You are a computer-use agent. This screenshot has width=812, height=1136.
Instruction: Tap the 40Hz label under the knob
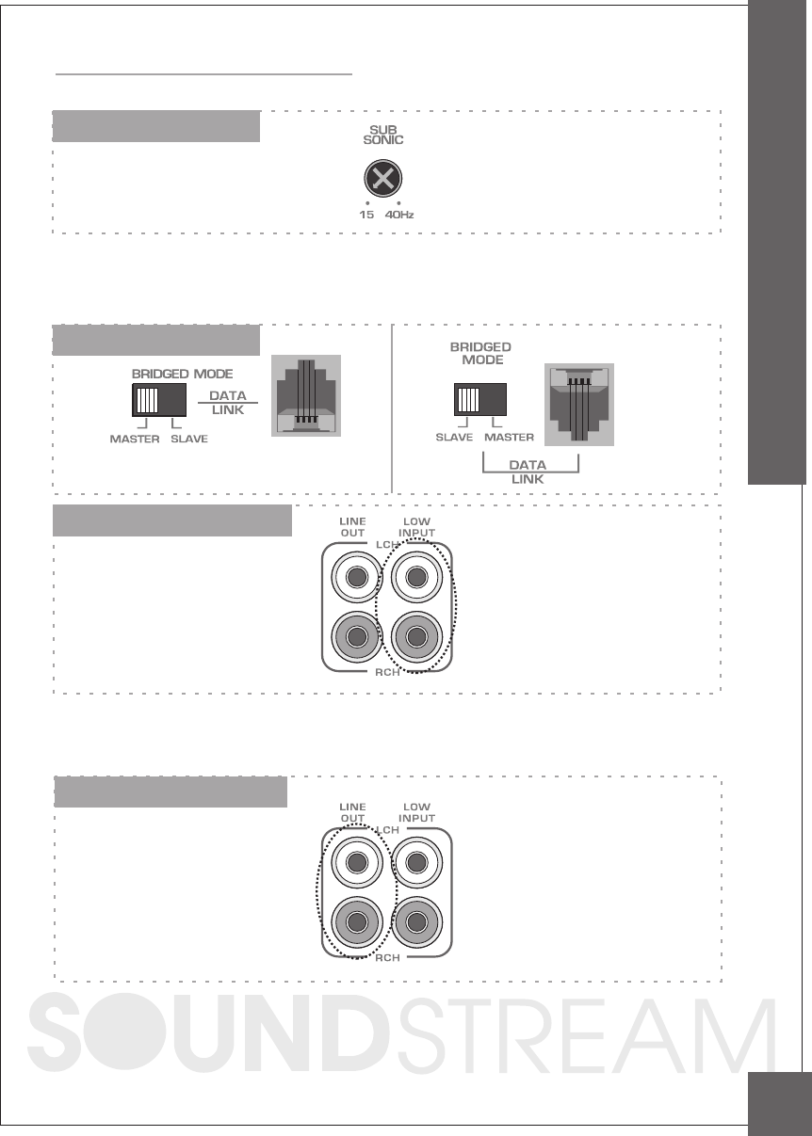pyautogui.click(x=399, y=215)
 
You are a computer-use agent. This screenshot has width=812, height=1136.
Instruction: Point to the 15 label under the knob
pyautogui.click(x=366, y=215)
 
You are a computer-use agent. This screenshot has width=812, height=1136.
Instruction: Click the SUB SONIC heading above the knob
pyautogui.click(x=382, y=134)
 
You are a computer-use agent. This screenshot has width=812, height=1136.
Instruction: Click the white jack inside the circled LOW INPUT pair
pyautogui.click(x=415, y=578)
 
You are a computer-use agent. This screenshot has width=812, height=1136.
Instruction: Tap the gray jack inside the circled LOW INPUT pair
pyautogui.click(x=415, y=638)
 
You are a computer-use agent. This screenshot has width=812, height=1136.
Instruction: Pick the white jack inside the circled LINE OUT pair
pyautogui.click(x=356, y=862)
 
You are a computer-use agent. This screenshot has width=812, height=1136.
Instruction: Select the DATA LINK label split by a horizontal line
pyautogui.click(x=227, y=403)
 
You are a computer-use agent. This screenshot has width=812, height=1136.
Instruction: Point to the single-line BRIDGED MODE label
pyautogui.click(x=182, y=374)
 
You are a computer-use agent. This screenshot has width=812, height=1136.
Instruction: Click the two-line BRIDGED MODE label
pyautogui.click(x=480, y=353)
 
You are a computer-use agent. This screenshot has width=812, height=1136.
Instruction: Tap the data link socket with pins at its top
pyautogui.click(x=579, y=405)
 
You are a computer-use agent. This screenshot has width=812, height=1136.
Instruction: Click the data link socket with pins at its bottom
pyautogui.click(x=305, y=395)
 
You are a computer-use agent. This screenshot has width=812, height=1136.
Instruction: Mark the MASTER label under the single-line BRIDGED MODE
pyautogui.click(x=134, y=440)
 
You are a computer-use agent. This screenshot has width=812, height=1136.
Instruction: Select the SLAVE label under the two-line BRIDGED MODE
pyautogui.click(x=454, y=438)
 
